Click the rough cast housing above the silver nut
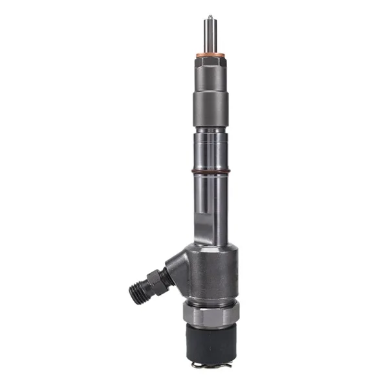(x=210, y=272)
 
